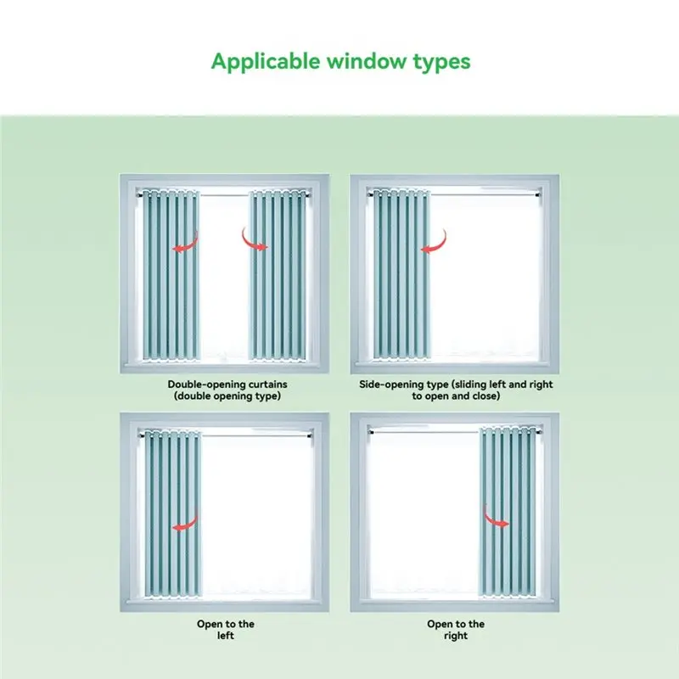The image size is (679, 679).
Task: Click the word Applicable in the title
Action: [x=266, y=61]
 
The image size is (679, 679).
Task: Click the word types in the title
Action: [x=441, y=63]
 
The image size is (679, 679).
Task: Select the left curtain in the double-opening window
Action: [x=171, y=275]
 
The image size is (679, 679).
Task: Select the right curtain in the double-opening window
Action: [x=278, y=275]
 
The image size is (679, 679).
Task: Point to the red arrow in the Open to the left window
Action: [x=185, y=521]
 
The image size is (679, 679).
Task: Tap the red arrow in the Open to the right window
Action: [x=496, y=518]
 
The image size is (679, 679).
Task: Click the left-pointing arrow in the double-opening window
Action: [x=185, y=243]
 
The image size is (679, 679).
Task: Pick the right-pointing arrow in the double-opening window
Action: [x=255, y=239]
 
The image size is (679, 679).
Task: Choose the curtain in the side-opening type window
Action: [x=401, y=274]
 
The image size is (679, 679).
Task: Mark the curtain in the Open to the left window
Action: [x=172, y=514]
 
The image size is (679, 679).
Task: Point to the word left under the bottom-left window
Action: [x=226, y=635]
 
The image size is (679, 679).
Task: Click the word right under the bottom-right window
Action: [x=456, y=636]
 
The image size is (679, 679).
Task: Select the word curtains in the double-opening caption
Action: [x=268, y=384]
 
